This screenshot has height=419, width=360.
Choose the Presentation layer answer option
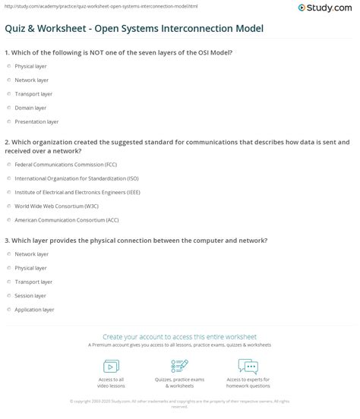pos(8,121)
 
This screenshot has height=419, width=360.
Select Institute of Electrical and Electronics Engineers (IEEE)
pos(8,191)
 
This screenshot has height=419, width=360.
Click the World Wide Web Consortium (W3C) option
pos(8,206)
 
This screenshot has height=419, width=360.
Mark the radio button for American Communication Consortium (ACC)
pos(8,219)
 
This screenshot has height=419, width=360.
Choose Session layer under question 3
pos(8,295)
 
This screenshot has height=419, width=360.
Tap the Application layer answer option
pos(8,309)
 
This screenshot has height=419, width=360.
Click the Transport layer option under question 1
pos(8,95)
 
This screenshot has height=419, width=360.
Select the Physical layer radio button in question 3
pos(8,267)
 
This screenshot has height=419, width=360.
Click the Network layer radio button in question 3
pos(8,254)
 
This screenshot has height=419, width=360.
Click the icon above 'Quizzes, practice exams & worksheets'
pos(179,366)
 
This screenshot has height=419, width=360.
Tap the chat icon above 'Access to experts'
pos(248,366)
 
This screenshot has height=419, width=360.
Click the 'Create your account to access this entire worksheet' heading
pos(180,336)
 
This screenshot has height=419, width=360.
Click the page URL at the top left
pos(76,6)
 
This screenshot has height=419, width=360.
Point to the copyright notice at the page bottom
pos(180,402)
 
